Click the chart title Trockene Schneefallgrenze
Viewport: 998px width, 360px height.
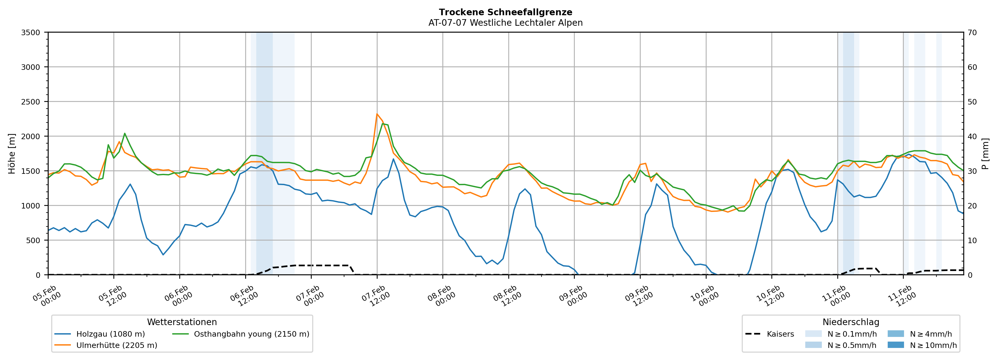pos(505,12)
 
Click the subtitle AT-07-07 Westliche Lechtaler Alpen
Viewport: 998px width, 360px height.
pos(505,23)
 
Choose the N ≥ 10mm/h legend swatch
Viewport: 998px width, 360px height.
pos(896,345)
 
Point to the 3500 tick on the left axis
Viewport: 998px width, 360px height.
pos(31,33)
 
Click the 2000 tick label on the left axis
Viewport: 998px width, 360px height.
pos(31,136)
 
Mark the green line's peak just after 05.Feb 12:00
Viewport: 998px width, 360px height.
pos(124,133)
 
